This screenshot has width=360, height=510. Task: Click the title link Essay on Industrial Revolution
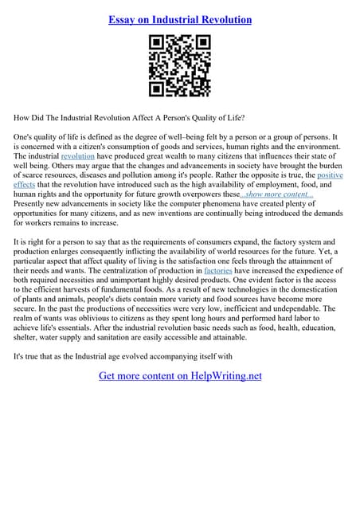(x=179, y=19)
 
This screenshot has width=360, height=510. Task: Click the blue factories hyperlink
(x=217, y=271)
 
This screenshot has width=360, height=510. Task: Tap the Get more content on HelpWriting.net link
(x=180, y=375)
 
